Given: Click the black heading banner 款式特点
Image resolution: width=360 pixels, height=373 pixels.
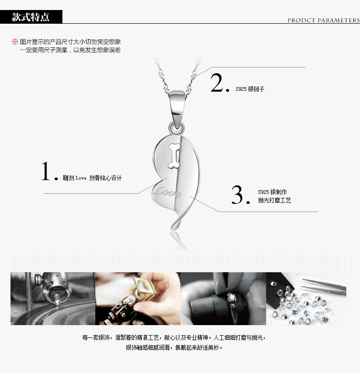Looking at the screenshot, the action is [x=31, y=17].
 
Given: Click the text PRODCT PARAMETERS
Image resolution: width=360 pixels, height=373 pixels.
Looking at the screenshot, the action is [x=324, y=21].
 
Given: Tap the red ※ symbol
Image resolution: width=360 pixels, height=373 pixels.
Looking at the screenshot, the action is [x=15, y=41].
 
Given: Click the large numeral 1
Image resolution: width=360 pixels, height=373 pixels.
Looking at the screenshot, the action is [x=46, y=171].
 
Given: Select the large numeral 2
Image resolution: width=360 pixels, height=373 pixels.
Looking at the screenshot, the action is [x=216, y=83].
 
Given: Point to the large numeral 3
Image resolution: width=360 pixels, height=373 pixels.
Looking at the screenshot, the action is [x=237, y=195].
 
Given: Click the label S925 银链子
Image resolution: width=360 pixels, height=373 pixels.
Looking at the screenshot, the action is [x=250, y=89].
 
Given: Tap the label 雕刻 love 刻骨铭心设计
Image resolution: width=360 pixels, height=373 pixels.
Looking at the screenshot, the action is [x=92, y=178].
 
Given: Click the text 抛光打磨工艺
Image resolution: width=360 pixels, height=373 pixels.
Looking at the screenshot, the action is [x=274, y=200].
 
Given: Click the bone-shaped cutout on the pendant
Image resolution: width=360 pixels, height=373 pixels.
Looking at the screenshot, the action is [x=175, y=156].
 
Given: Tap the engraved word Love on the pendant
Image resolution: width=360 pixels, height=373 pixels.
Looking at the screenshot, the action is [x=167, y=192].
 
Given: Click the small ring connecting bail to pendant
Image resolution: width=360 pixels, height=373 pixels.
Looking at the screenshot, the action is [x=176, y=128].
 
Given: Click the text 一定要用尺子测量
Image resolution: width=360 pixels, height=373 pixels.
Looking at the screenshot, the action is [x=43, y=50].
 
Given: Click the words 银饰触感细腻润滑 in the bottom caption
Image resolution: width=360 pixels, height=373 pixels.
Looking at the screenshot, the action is [x=148, y=347].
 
